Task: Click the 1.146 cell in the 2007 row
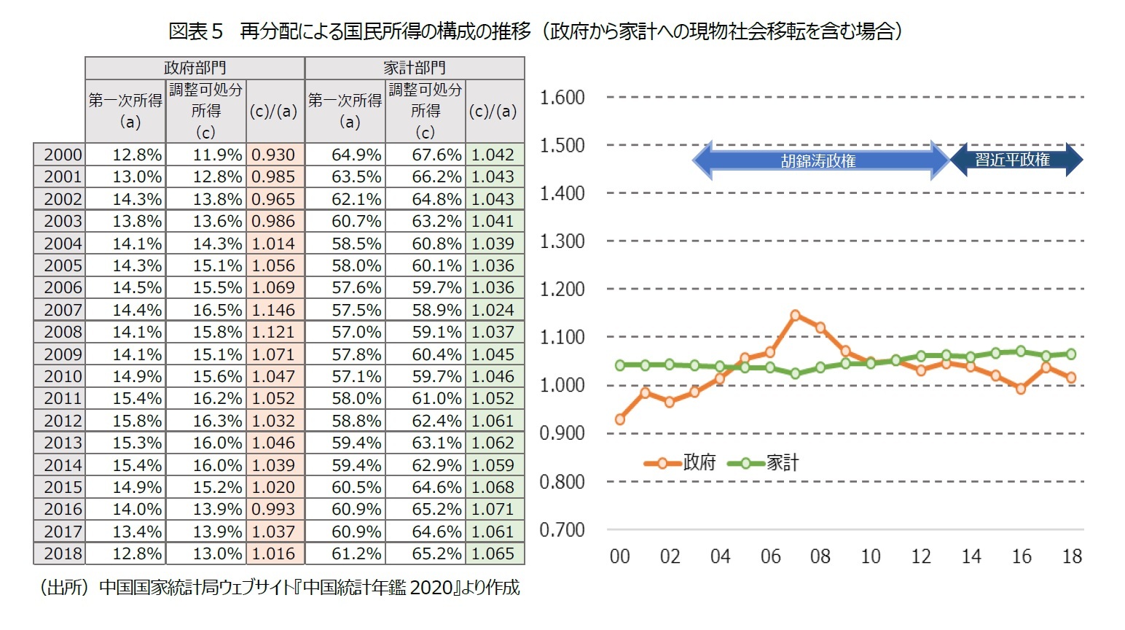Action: coord(274,310)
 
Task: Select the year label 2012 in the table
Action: coord(62,421)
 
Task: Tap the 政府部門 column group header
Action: coord(195,68)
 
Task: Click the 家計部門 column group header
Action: coord(414,68)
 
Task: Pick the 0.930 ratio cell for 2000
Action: coord(274,155)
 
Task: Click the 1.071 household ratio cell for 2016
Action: coord(493,509)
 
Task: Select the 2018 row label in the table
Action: coord(62,553)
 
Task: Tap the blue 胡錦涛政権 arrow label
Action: coord(818,160)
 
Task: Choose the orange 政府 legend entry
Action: coord(681,462)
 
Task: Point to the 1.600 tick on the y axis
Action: coord(562,97)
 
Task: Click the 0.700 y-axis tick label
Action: coord(562,530)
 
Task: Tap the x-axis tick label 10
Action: coord(871,556)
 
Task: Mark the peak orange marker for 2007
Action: coord(795,315)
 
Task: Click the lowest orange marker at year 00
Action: coord(620,419)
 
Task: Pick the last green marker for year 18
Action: coord(1071,354)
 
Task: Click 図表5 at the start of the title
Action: coord(195,31)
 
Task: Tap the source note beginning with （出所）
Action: coord(279,588)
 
